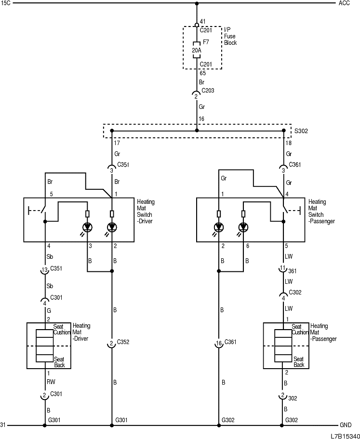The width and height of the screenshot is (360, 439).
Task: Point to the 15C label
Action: click(5, 3)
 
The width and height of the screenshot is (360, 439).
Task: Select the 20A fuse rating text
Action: click(196, 50)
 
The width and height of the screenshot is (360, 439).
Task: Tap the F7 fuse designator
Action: click(206, 42)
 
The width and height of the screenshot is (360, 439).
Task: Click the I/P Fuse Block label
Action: click(230, 36)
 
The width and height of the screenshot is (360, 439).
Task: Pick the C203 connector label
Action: click(208, 90)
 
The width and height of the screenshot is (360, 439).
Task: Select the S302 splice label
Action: click(302, 130)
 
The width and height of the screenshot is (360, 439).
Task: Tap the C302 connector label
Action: click(295, 293)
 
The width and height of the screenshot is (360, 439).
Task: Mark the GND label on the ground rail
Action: click(346, 425)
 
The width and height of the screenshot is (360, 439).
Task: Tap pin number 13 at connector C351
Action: click(44, 270)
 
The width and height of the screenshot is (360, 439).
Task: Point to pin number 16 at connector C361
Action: click(219, 344)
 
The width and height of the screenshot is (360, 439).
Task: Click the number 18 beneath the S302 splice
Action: click(289, 143)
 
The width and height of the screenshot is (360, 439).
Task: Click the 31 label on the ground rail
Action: click(3, 425)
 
